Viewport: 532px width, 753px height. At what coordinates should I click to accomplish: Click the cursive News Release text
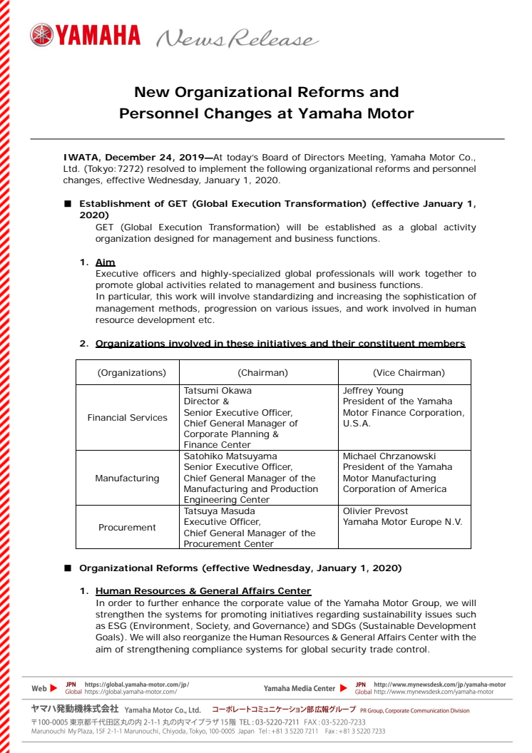click(236, 39)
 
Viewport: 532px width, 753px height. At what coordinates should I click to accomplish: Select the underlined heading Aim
click(105, 262)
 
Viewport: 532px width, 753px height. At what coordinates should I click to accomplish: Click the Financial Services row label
click(127, 418)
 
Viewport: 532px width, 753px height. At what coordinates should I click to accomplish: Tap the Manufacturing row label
click(127, 478)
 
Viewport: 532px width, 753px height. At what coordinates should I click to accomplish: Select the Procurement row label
click(127, 528)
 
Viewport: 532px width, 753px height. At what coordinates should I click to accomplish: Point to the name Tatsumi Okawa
click(218, 391)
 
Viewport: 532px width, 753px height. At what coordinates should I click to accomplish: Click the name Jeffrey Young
click(373, 391)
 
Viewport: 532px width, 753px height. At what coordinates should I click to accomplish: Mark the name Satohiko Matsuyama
click(230, 456)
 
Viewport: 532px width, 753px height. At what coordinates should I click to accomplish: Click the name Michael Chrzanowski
click(389, 456)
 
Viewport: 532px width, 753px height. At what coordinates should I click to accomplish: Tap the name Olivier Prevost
click(375, 511)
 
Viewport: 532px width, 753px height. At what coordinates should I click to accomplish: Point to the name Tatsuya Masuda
click(220, 511)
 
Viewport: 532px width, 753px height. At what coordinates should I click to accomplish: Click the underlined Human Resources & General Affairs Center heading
click(203, 591)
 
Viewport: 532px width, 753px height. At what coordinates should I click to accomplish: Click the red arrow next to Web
click(54, 688)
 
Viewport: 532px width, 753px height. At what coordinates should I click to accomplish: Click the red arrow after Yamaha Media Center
click(344, 688)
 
